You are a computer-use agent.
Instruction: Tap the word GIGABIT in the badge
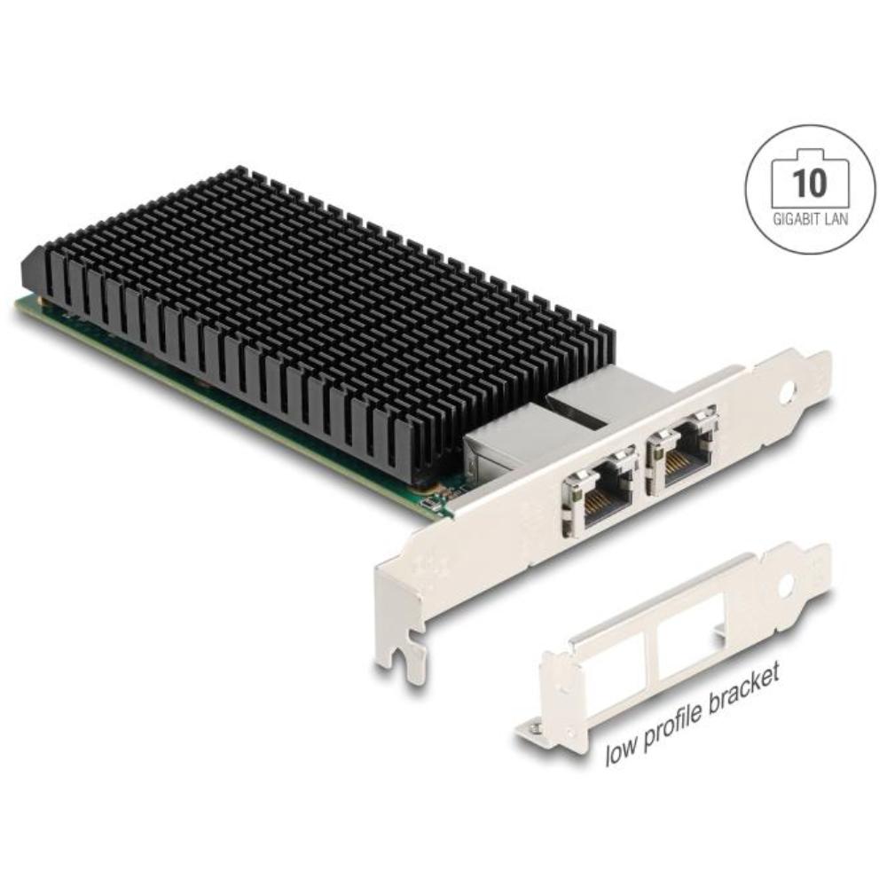pos(796,219)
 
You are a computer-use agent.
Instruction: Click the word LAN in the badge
pos(836,219)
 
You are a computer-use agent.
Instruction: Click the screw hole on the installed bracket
pos(790,389)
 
